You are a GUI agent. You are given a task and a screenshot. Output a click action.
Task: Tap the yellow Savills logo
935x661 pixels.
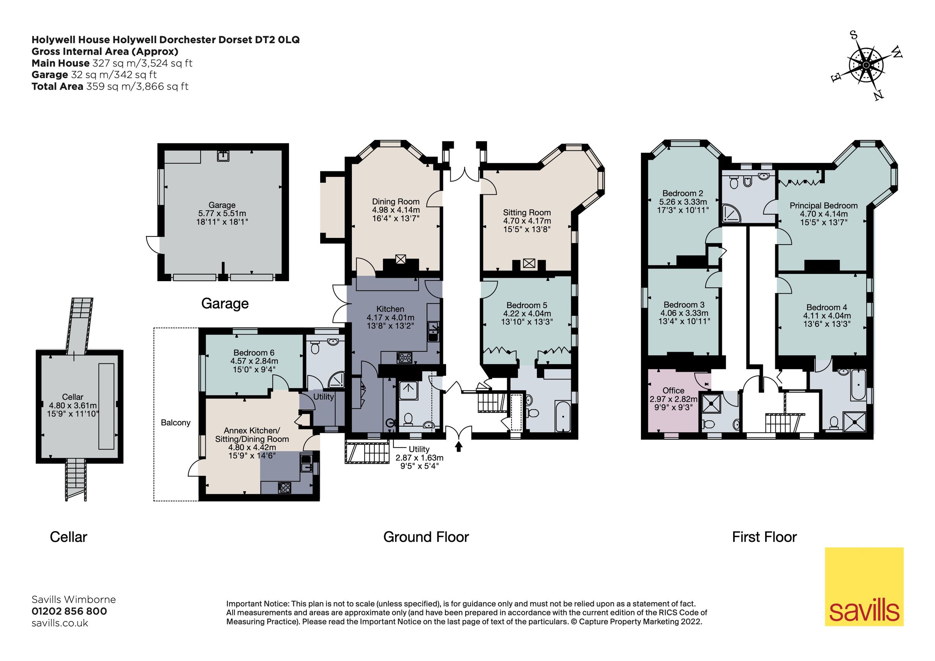(x=864, y=586)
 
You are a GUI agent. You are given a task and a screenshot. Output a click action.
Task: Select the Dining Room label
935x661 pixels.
(x=395, y=209)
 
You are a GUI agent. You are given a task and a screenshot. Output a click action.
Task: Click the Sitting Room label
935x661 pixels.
(x=527, y=220)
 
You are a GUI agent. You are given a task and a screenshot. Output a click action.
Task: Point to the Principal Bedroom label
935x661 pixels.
(x=824, y=213)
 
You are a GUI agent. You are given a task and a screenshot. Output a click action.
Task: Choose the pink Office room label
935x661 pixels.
(x=673, y=398)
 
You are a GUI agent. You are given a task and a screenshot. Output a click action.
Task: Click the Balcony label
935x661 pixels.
(x=176, y=422)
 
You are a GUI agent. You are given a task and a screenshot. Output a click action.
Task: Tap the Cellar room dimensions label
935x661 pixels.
(x=73, y=405)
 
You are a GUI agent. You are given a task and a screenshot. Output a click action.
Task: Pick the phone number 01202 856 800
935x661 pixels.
(x=69, y=611)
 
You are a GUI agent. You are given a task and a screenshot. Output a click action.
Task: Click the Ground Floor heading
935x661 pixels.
(x=426, y=537)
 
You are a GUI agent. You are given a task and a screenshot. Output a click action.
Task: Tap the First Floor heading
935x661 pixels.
(x=764, y=537)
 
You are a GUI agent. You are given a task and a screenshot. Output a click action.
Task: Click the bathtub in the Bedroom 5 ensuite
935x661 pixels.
(x=563, y=416)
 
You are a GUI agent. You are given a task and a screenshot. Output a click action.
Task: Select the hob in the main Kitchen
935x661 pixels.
(x=404, y=358)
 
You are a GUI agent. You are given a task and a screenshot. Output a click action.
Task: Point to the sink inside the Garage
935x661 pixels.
(x=223, y=156)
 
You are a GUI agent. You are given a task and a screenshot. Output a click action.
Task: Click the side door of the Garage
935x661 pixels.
(x=153, y=244)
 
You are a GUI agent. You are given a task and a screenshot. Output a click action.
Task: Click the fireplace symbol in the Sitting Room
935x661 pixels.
(x=529, y=263)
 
